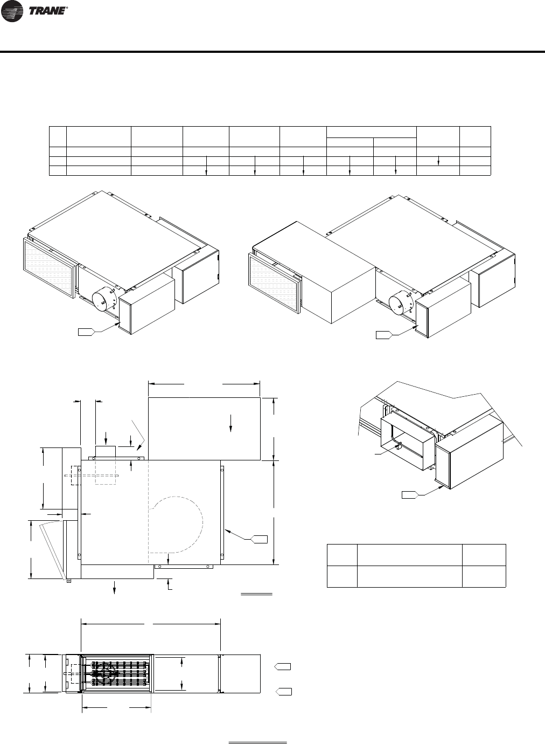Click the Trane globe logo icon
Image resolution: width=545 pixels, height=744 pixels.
[12, 11]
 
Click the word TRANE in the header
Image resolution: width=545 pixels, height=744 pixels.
[47, 11]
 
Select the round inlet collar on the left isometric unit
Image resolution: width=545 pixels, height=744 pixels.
[103, 301]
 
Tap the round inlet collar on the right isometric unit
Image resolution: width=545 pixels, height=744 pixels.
[401, 305]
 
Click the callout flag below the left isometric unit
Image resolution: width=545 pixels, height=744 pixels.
[87, 332]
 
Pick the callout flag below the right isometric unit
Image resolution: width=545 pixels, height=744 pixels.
[384, 335]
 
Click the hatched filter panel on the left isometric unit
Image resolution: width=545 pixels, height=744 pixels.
[50, 268]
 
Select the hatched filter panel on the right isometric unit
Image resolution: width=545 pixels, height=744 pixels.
[275, 284]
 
